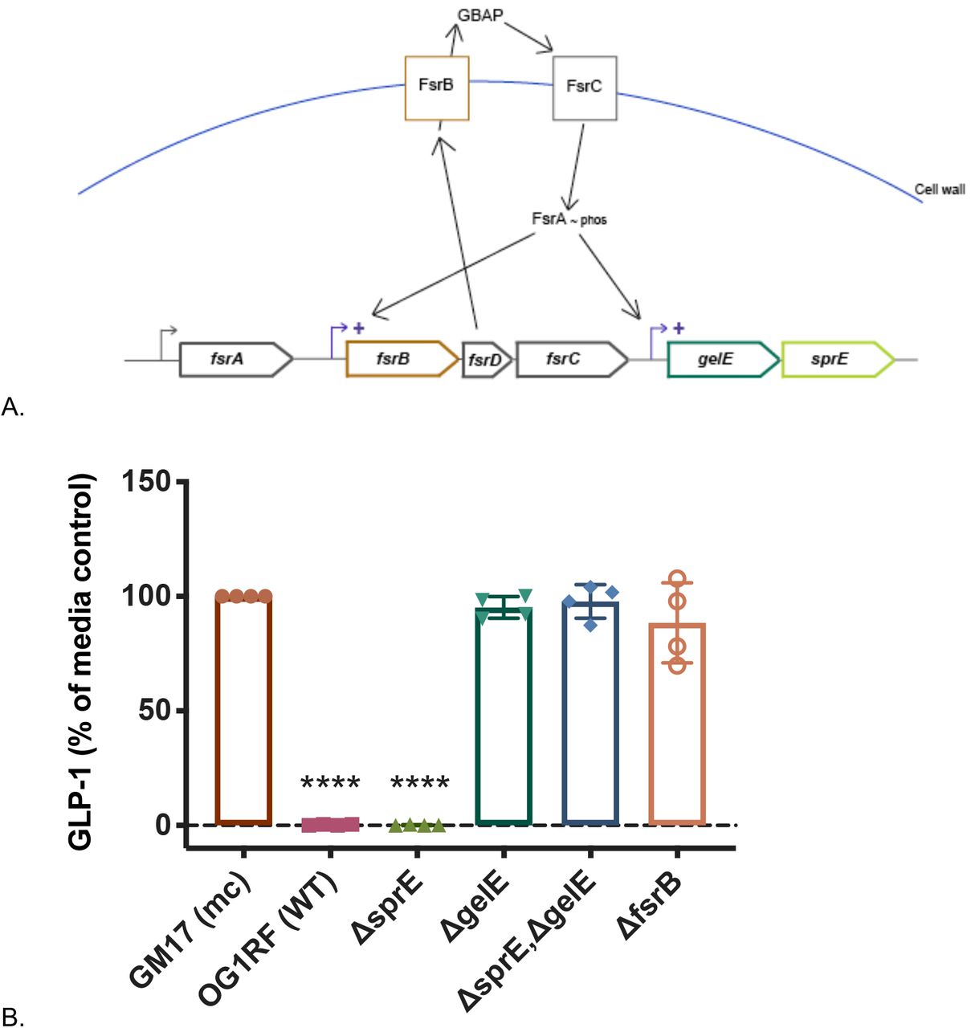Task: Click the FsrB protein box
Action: coord(436,88)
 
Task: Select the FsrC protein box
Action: coord(584,88)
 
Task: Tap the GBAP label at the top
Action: coord(480,15)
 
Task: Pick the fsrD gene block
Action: coord(486,360)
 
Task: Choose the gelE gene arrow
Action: coord(722,359)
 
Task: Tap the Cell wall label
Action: coord(940,190)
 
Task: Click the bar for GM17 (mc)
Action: coord(243,710)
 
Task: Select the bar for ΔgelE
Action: coord(504,715)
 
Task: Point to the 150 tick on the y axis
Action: coord(146,481)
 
